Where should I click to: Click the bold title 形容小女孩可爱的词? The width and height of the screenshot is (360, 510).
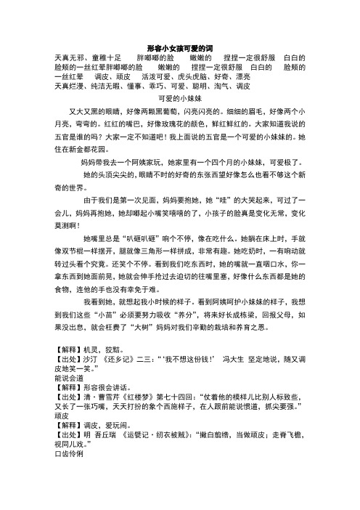pos(179,45)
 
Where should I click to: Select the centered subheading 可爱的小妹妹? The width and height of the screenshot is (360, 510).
pos(179,97)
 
